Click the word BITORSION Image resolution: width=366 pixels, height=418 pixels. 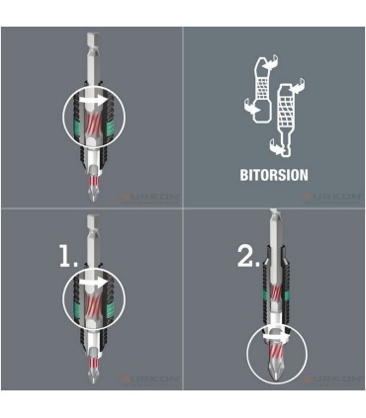click(274, 175)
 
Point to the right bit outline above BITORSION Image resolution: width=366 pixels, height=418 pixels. click(290, 114)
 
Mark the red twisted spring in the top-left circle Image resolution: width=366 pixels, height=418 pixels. click(90, 124)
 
